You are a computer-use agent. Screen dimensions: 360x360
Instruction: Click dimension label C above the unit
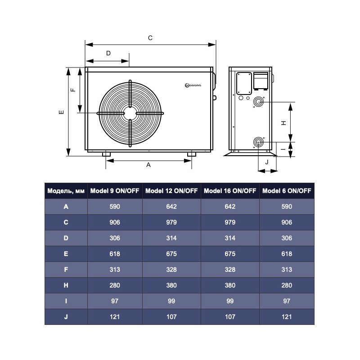[x=150, y=38]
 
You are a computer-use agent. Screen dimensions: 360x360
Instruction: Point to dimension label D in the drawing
[x=108, y=53]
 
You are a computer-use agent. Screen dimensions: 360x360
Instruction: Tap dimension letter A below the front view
[x=148, y=165]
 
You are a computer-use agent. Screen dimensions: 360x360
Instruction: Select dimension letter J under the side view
[x=267, y=162]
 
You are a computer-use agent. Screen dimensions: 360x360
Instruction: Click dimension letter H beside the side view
[x=284, y=123]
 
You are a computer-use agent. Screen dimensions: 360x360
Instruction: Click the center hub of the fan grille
[x=130, y=113]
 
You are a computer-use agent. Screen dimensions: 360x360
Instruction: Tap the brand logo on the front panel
[x=193, y=85]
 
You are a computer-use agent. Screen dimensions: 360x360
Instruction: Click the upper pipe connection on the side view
[x=258, y=102]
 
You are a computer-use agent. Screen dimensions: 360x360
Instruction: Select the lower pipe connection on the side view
[x=258, y=142]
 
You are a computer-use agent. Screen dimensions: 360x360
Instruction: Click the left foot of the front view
[x=106, y=154]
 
